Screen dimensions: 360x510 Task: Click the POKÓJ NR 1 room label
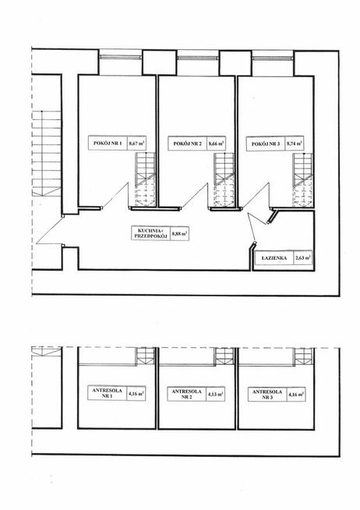coord(108,143)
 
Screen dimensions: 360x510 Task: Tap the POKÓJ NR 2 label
coord(188,143)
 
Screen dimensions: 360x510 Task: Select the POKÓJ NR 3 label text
coord(266,143)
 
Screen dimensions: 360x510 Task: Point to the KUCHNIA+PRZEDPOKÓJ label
coord(150,233)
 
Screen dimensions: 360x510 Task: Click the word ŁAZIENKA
coord(274,258)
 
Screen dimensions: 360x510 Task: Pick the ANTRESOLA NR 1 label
coord(107,393)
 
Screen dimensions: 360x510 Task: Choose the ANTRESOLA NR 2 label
coord(186,394)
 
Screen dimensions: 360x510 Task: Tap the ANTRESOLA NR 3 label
coord(267,395)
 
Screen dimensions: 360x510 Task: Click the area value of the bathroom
coord(302,258)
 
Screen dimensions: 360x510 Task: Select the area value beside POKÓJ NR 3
coord(294,143)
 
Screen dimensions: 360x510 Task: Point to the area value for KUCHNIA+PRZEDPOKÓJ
coord(180,233)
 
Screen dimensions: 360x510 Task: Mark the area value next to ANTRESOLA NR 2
coord(216,394)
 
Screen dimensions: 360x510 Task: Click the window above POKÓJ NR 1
coord(121,57)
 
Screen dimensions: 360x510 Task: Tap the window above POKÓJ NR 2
coord(197,58)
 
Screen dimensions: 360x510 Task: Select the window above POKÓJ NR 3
coord(272,58)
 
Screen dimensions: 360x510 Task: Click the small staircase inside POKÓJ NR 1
coord(145,179)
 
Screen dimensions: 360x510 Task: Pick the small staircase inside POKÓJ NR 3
coord(302,180)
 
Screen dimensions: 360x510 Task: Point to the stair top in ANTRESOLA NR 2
coord(224,356)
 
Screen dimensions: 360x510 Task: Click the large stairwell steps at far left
coord(47,154)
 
